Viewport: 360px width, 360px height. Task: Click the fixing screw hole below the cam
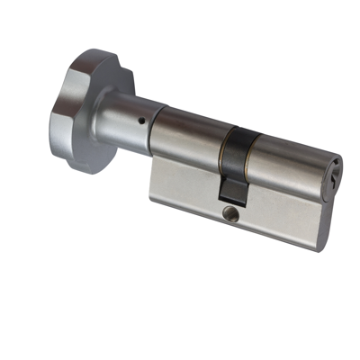click(229, 214)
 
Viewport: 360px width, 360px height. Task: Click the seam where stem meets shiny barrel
click(161, 125)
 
